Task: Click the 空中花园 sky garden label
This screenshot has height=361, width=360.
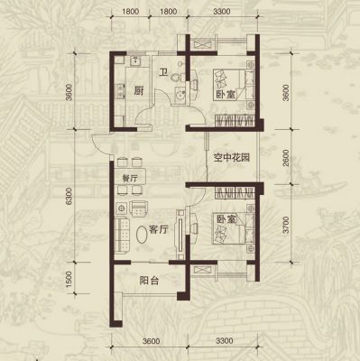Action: pos(232,157)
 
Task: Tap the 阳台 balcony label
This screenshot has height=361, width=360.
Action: pos(149,281)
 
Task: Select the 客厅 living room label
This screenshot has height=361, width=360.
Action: pos(159,230)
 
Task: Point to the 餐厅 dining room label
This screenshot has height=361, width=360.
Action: pos(130,179)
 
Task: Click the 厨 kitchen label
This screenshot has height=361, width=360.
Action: pos(138,90)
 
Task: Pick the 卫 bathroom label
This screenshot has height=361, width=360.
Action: pos(163,72)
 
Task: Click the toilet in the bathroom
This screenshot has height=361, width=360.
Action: pos(178,77)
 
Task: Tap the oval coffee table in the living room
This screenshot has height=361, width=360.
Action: pos(142,234)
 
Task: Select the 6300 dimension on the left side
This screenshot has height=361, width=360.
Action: pos(69,196)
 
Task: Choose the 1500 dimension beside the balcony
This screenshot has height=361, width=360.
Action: pos(69,279)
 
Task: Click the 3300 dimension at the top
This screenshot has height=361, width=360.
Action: pos(222,12)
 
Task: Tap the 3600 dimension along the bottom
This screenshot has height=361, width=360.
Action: pos(152,341)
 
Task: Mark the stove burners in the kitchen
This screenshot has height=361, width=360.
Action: pos(120,91)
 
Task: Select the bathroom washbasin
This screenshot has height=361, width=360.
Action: pos(180,94)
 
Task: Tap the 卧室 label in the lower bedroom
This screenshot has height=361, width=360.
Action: pos(226,219)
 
